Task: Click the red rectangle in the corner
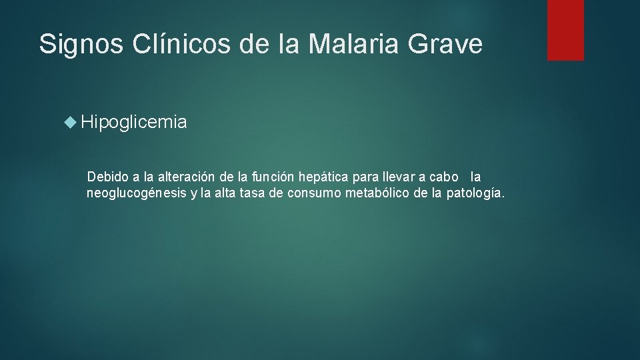tap(565, 30)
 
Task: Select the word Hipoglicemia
tap(134, 123)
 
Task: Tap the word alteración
tap(185, 177)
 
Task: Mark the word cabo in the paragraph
tap(444, 177)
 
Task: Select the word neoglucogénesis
tap(137, 193)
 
